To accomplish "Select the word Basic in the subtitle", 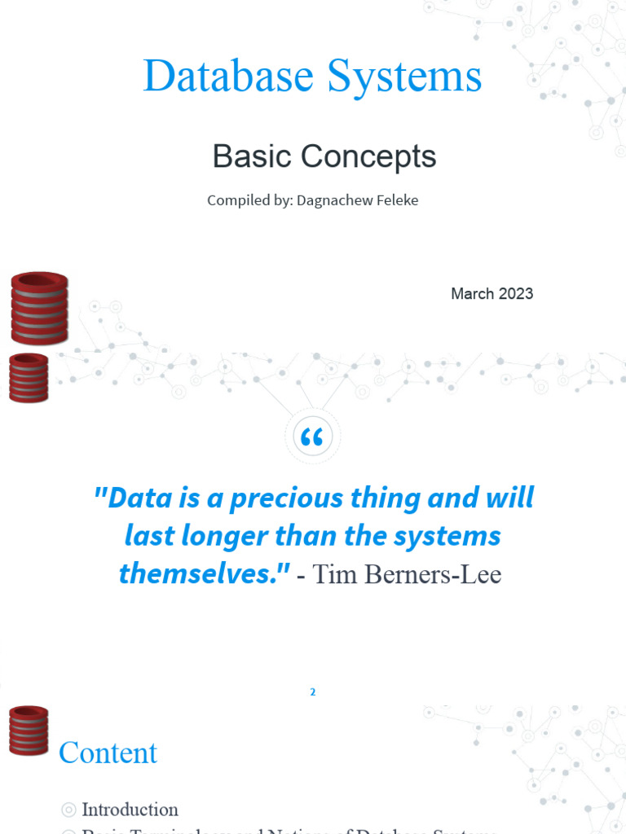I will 249,156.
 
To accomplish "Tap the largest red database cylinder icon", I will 39,307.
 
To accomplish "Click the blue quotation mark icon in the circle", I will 312,438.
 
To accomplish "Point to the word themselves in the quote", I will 201,573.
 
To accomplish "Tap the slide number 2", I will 312,692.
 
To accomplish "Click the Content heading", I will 108,753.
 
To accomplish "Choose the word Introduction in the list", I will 130,810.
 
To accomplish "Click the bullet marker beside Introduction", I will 68,810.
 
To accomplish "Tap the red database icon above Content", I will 29,730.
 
